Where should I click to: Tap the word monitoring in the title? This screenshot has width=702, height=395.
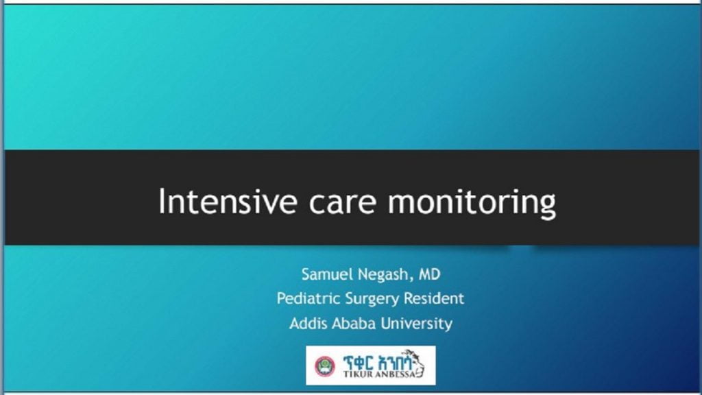point(472,202)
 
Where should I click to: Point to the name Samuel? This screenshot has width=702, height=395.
point(327,275)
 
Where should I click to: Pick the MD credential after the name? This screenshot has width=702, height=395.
point(429,275)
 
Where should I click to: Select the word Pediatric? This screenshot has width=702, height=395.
point(307,299)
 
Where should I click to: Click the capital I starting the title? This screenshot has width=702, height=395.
point(162,202)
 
